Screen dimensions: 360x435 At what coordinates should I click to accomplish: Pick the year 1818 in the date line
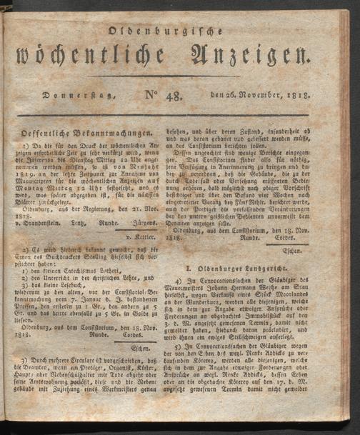(x=299, y=96)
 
